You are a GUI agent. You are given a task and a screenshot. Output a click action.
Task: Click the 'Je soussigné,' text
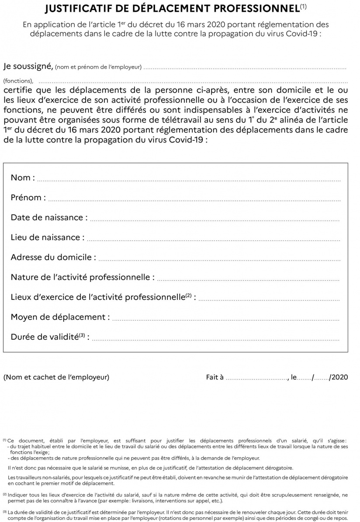click(x=28, y=66)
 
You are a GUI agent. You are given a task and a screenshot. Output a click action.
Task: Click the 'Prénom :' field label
click(x=28, y=198)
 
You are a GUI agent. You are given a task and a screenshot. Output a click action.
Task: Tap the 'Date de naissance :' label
click(x=49, y=217)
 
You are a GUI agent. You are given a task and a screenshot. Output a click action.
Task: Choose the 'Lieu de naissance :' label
click(x=47, y=237)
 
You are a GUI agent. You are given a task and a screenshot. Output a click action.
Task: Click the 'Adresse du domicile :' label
click(x=53, y=257)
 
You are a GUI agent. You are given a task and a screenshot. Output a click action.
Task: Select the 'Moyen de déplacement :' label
click(x=60, y=317)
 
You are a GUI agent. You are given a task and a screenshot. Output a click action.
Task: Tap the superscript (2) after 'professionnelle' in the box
click(x=188, y=295)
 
